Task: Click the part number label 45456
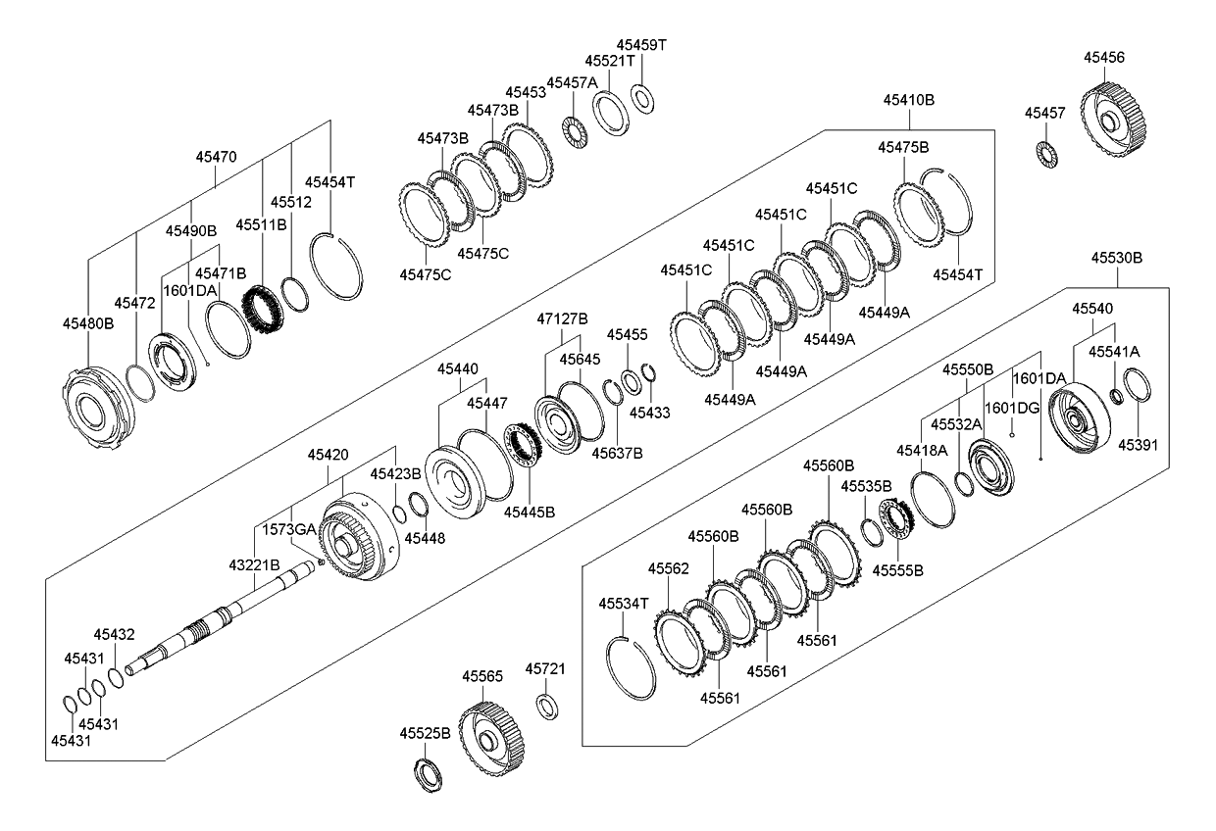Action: [1103, 58]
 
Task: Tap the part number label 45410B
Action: [908, 100]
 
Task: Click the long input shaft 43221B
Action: [226, 621]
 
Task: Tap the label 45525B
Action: [425, 733]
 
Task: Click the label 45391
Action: [1138, 444]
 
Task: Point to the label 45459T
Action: [641, 45]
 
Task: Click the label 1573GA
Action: [288, 529]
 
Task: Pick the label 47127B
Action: [562, 318]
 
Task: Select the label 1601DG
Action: [1011, 408]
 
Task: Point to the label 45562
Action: [668, 568]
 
